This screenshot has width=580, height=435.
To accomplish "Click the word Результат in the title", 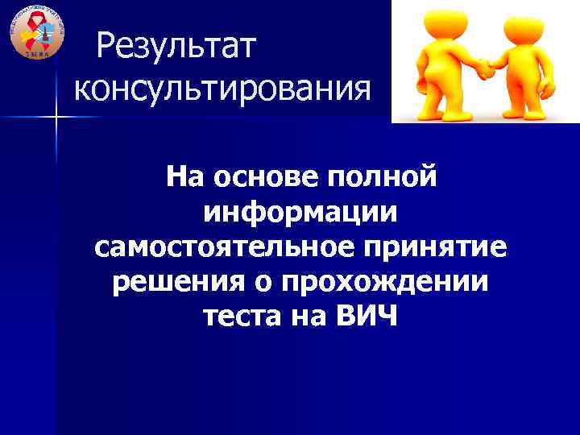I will (x=175, y=48).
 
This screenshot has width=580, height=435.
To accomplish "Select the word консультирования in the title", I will (x=223, y=87).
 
